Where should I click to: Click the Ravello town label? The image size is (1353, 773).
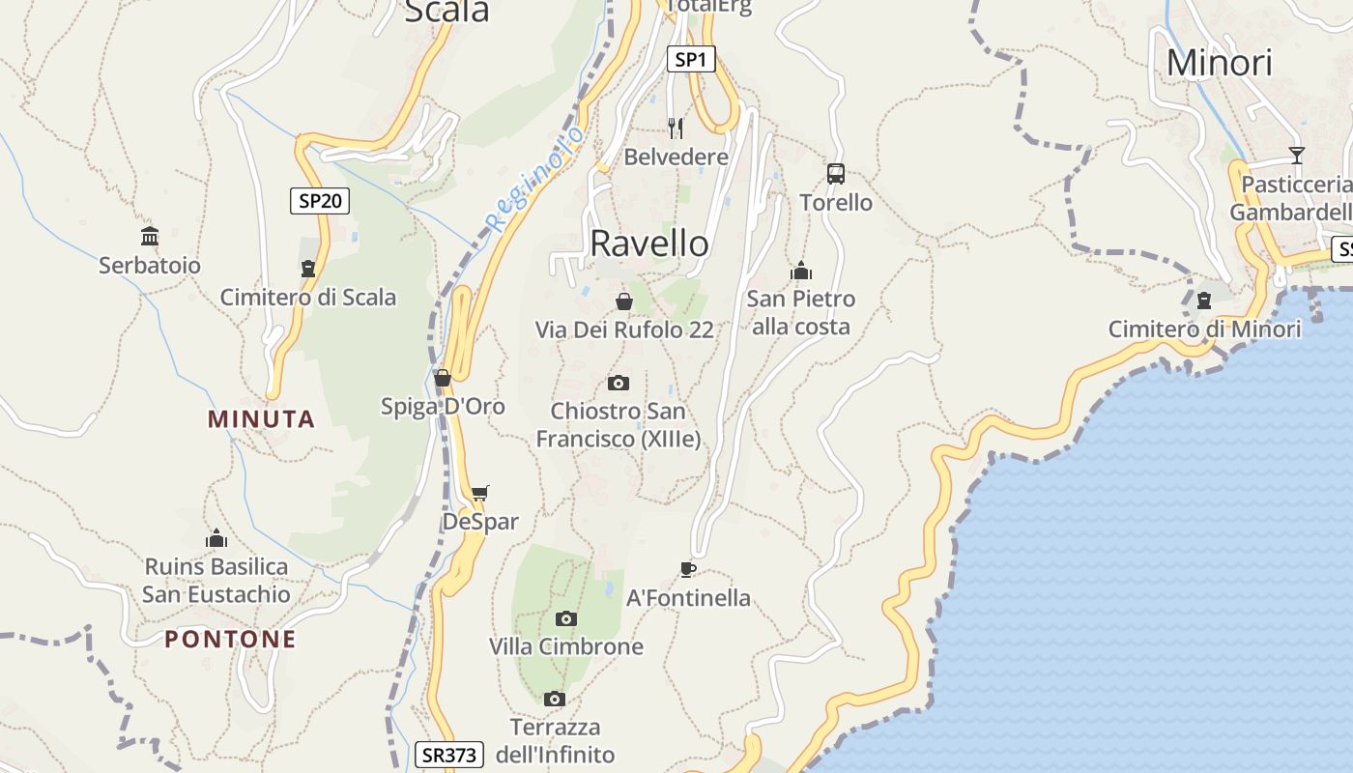tap(649, 243)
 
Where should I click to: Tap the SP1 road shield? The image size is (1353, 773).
tap(690, 60)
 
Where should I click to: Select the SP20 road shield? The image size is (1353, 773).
tap(320, 201)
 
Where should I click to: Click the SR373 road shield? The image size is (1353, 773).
tap(449, 755)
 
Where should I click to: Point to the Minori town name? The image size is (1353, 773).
tap(1219, 63)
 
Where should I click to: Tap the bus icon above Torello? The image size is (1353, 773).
tap(836, 174)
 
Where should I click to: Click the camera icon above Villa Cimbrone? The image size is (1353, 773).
tap(566, 618)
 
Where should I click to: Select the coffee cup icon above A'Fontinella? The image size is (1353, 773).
tap(688, 569)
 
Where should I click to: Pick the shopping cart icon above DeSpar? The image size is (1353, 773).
tap(480, 494)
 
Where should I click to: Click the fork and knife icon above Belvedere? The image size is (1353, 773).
tap(676, 128)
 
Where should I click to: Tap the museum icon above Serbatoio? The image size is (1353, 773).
tap(150, 237)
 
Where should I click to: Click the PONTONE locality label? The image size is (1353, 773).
tap(230, 640)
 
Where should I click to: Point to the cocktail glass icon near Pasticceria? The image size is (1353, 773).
tap(1296, 156)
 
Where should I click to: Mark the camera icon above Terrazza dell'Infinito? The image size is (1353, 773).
tap(554, 699)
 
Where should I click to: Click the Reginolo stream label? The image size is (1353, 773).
tap(533, 179)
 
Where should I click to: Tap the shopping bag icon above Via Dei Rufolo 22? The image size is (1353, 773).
tap(624, 301)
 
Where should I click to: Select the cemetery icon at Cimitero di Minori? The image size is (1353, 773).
tap(1204, 301)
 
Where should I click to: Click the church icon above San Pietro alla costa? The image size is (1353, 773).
tap(800, 271)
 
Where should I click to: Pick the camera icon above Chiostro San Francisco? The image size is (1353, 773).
tap(619, 383)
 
